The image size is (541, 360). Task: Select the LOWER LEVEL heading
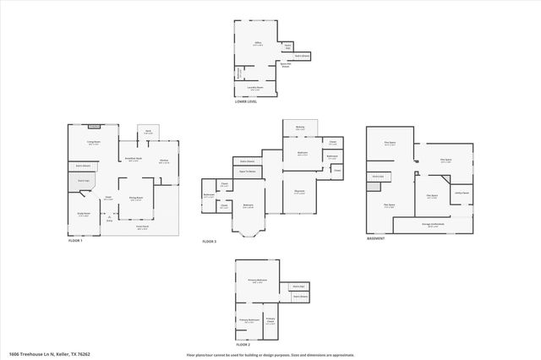246,101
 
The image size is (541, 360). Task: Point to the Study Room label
84,213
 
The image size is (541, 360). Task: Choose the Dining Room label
135,198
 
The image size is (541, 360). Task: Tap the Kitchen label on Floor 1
163,161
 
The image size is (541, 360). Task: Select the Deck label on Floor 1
148,131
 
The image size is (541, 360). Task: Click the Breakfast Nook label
133,159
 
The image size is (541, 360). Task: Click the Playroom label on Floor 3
299,191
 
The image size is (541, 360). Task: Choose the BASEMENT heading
376,238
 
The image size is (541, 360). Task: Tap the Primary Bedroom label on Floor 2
257,280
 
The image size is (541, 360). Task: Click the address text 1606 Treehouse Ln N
34,354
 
